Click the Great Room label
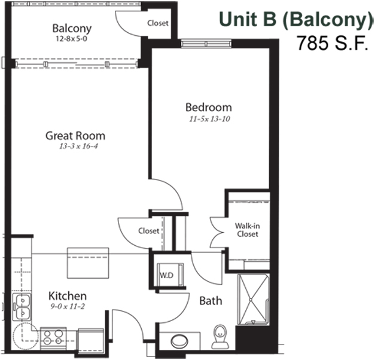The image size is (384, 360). tap(75, 136)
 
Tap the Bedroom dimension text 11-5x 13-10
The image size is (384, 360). tap(209, 119)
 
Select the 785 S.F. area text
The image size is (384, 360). tap(333, 43)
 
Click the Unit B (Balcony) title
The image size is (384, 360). tap(296, 19)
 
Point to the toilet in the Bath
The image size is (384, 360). tap(220, 337)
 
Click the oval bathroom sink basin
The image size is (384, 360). tap(179, 341)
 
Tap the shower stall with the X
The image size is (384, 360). tap(253, 300)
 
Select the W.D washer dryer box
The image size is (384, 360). tap(170, 274)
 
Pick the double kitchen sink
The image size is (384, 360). tap(22, 307)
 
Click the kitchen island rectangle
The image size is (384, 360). tap(88, 263)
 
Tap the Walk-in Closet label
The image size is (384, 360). tap(248, 230)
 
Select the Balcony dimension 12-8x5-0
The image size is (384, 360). tap(71, 39)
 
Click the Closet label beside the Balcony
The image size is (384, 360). tap(158, 23)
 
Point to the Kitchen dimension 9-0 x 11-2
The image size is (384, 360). tap(68, 306)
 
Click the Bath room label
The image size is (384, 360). tap(211, 301)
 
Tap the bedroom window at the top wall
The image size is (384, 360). tap(206, 44)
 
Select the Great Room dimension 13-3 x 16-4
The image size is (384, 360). tap(78, 146)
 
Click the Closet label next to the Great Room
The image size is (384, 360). tap(149, 231)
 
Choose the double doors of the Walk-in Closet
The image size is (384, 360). tap(218, 232)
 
